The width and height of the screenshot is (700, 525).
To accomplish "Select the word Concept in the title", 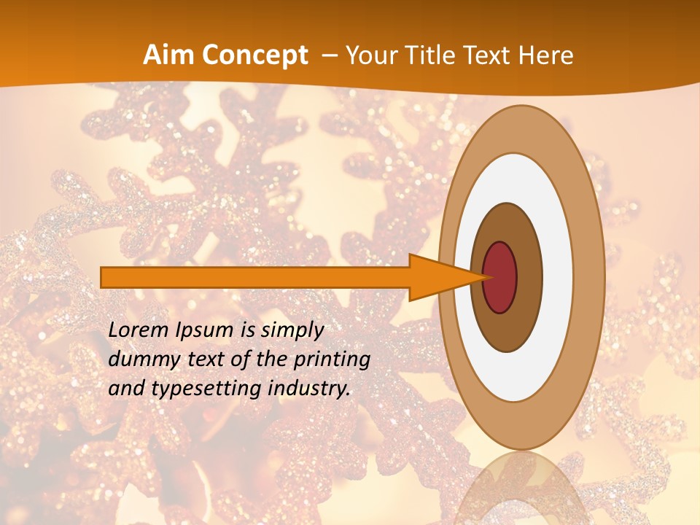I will pos(255,55).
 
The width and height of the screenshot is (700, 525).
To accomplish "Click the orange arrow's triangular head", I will pos(437,278).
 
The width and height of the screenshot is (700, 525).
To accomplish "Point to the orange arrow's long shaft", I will pos(255,277).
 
